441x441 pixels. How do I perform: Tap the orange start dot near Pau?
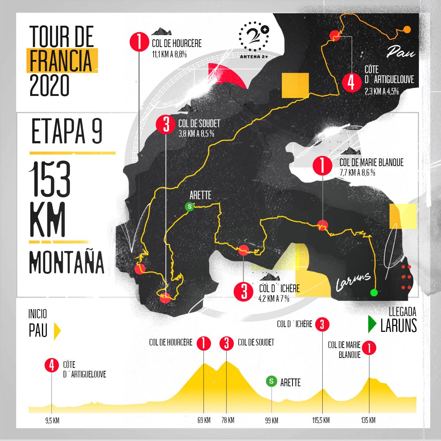coord(407,30)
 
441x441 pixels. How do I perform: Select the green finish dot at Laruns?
coord(374,293)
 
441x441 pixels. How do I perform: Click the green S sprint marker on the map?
coord(190,207)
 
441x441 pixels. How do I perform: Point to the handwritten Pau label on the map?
coord(401,52)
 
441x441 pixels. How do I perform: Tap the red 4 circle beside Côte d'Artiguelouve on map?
coord(351,82)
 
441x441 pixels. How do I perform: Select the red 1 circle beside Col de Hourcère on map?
coord(139,43)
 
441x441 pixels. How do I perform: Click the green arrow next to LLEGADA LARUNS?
coord(372,323)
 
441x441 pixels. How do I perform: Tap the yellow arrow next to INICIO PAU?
coord(57,331)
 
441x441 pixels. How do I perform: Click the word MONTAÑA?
coord(67,262)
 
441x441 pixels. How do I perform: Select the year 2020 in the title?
coord(49,85)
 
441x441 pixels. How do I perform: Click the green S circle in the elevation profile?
coord(272,381)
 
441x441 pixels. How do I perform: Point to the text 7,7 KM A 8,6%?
coord(358,172)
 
